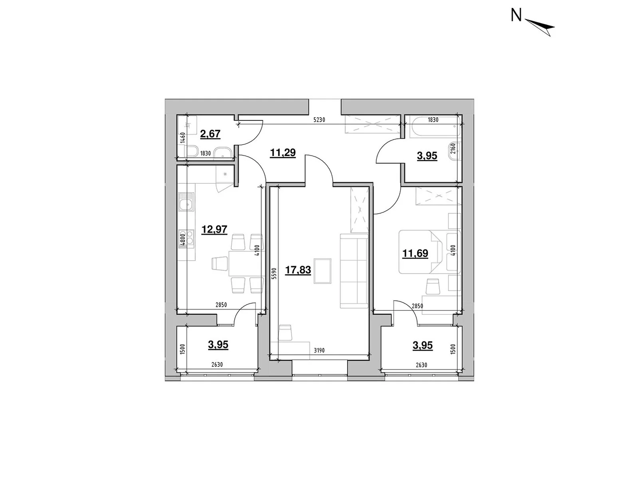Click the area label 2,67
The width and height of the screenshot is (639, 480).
pyautogui.click(x=210, y=134)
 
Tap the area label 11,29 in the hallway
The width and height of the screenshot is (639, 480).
pyautogui.click(x=283, y=152)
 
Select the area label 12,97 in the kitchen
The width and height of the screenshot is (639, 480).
pyautogui.click(x=214, y=230)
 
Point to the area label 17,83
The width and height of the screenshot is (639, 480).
pyautogui.click(x=298, y=270)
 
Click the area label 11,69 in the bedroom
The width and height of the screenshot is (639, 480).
pyautogui.click(x=415, y=253)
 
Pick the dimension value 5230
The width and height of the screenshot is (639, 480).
pyautogui.click(x=319, y=120)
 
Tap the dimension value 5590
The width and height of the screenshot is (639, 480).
pyautogui.click(x=274, y=276)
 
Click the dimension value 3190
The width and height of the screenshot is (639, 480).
pyautogui.click(x=319, y=350)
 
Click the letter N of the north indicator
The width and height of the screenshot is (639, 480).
pyautogui.click(x=516, y=16)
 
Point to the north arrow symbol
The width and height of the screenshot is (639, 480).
pyautogui.click(x=541, y=27)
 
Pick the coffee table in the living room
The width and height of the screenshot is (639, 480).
pyautogui.click(x=323, y=271)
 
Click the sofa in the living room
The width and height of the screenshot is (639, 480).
pyautogui.click(x=354, y=271)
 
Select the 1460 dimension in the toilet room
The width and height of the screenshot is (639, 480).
pyautogui.click(x=182, y=138)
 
